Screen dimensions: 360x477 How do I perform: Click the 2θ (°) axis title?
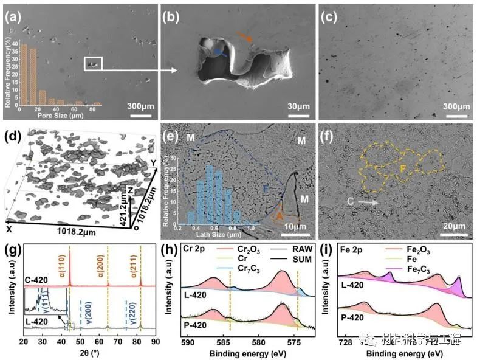[x=89, y=353]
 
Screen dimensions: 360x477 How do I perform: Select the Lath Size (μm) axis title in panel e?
[x=228, y=234]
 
